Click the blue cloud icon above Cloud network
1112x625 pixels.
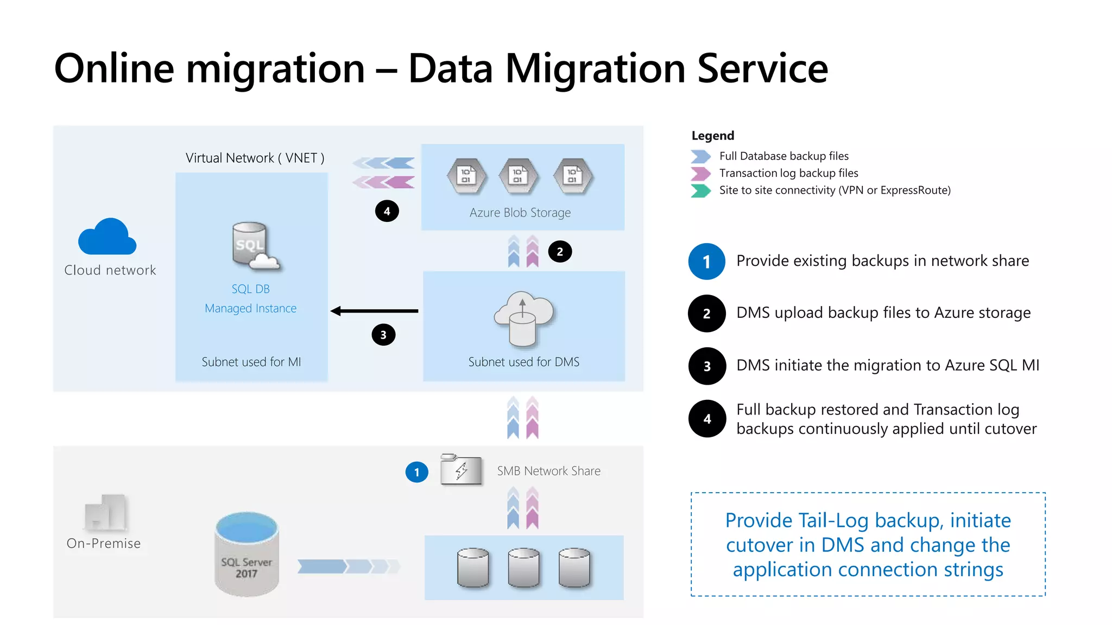click(108, 237)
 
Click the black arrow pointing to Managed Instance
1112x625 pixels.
click(374, 311)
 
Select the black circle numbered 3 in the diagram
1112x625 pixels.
click(383, 335)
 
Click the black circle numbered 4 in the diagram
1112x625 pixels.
click(387, 211)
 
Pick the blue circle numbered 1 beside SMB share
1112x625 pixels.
click(416, 472)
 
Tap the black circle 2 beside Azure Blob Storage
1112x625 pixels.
click(560, 252)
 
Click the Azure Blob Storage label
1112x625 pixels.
click(520, 213)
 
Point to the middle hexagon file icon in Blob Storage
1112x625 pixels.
click(519, 176)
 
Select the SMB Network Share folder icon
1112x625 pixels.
click(461, 469)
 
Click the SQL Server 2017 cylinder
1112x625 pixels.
click(247, 554)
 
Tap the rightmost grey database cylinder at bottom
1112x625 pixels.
click(574, 567)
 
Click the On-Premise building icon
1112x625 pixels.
click(106, 512)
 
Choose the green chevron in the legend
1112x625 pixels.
click(700, 190)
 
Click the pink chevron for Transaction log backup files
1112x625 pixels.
click(700, 173)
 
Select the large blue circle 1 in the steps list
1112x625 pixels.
click(706, 262)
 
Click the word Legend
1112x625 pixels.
click(712, 136)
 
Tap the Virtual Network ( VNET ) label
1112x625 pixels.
click(255, 158)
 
